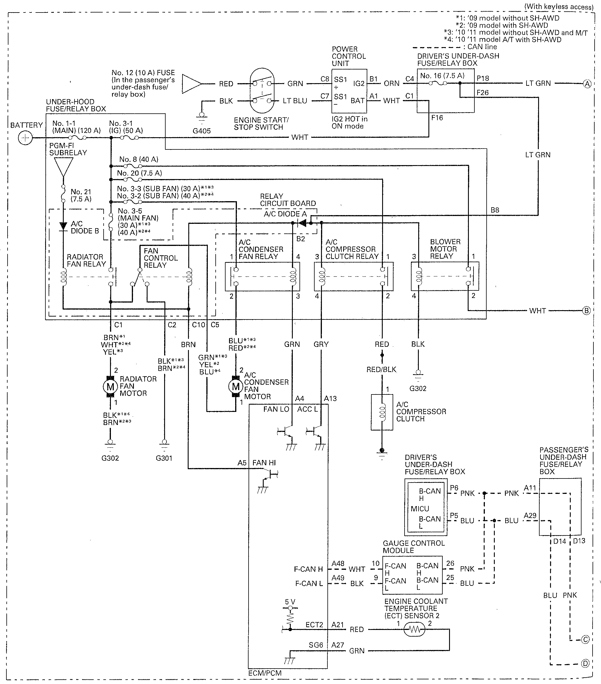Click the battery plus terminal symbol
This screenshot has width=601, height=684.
(25, 138)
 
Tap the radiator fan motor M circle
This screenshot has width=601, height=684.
(110, 387)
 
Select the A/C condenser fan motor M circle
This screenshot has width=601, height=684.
(236, 387)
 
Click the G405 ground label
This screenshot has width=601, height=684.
(201, 131)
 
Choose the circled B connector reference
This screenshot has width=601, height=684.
(586, 311)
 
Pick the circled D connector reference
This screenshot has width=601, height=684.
(585, 664)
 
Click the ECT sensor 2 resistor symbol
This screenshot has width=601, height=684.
(414, 629)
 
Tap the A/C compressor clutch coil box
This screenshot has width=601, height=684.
(382, 412)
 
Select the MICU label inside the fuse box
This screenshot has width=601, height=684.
(420, 509)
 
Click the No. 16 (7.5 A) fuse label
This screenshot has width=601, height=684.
(442, 76)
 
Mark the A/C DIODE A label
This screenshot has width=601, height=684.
(285, 214)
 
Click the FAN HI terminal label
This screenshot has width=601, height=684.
(264, 463)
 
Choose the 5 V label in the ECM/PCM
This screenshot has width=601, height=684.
(290, 602)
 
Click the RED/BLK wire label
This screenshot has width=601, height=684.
(381, 369)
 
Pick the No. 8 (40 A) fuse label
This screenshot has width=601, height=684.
(139, 159)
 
